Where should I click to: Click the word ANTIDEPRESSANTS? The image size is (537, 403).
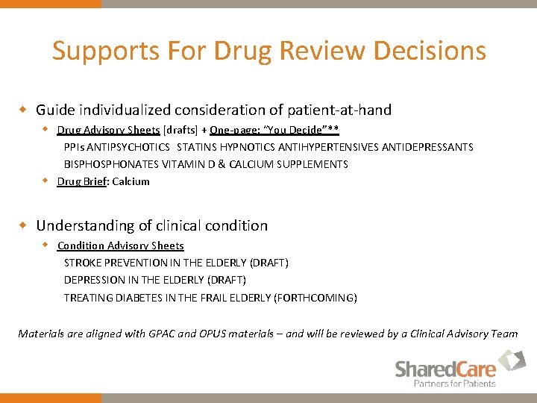pyautogui.click(x=427, y=146)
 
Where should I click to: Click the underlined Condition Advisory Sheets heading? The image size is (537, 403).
pyautogui.click(x=120, y=245)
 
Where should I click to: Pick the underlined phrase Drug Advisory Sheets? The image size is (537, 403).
pyautogui.click(x=108, y=129)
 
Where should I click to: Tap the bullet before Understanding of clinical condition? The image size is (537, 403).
pyautogui.click(x=23, y=225)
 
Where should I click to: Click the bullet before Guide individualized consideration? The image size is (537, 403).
pyautogui.click(x=23, y=110)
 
